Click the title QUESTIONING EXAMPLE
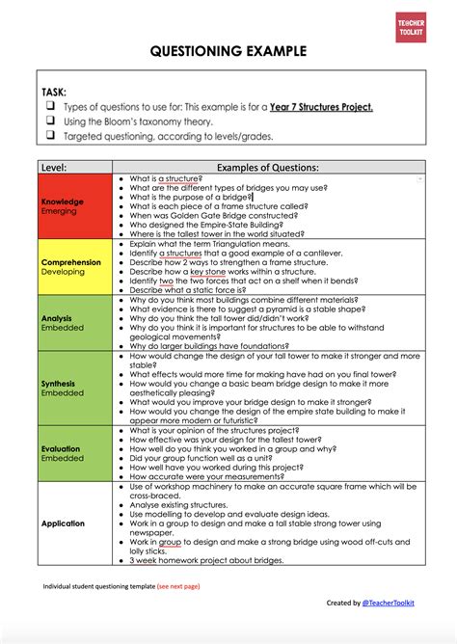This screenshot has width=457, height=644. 228,51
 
